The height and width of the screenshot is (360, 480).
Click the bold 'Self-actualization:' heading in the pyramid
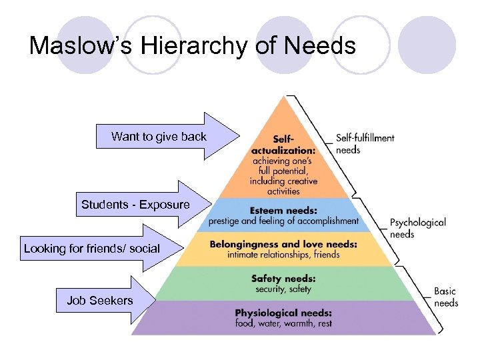(283, 145)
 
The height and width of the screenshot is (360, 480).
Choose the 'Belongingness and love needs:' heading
(283, 244)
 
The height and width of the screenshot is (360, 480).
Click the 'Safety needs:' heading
(283, 279)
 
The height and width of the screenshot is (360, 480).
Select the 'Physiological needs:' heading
(283, 313)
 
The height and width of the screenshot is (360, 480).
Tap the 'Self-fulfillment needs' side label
(365, 144)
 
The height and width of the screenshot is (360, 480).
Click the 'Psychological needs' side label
(417, 228)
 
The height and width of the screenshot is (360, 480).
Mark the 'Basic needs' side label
(446, 297)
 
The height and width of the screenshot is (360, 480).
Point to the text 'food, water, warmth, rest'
(283, 323)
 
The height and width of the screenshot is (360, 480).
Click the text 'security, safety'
(283, 289)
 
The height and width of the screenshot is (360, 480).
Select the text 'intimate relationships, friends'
(283, 254)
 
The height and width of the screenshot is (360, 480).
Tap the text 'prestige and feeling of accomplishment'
(283, 220)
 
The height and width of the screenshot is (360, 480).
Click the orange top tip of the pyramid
(285, 110)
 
